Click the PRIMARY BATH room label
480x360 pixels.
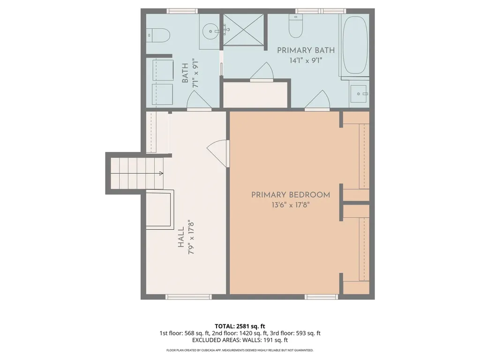(x=306, y=50)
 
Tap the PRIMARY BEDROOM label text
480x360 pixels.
(x=291, y=195)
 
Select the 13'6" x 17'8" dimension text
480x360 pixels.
(x=291, y=205)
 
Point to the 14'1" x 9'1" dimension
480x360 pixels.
(x=306, y=60)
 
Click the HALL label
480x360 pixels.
(x=181, y=237)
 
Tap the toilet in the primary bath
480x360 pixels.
(x=296, y=26)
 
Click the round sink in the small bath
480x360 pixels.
(x=210, y=31)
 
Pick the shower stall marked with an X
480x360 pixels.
(x=243, y=30)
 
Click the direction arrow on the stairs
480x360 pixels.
(x=161, y=173)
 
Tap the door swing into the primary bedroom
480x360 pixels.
(x=218, y=153)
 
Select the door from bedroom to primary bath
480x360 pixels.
(x=317, y=100)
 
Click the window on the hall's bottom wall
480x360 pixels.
(x=188, y=297)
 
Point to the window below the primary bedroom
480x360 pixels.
(x=322, y=297)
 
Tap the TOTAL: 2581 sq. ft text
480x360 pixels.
(x=240, y=326)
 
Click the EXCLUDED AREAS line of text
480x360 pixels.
(x=240, y=340)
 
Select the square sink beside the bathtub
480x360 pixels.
(x=359, y=94)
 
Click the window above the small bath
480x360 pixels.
(x=182, y=11)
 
